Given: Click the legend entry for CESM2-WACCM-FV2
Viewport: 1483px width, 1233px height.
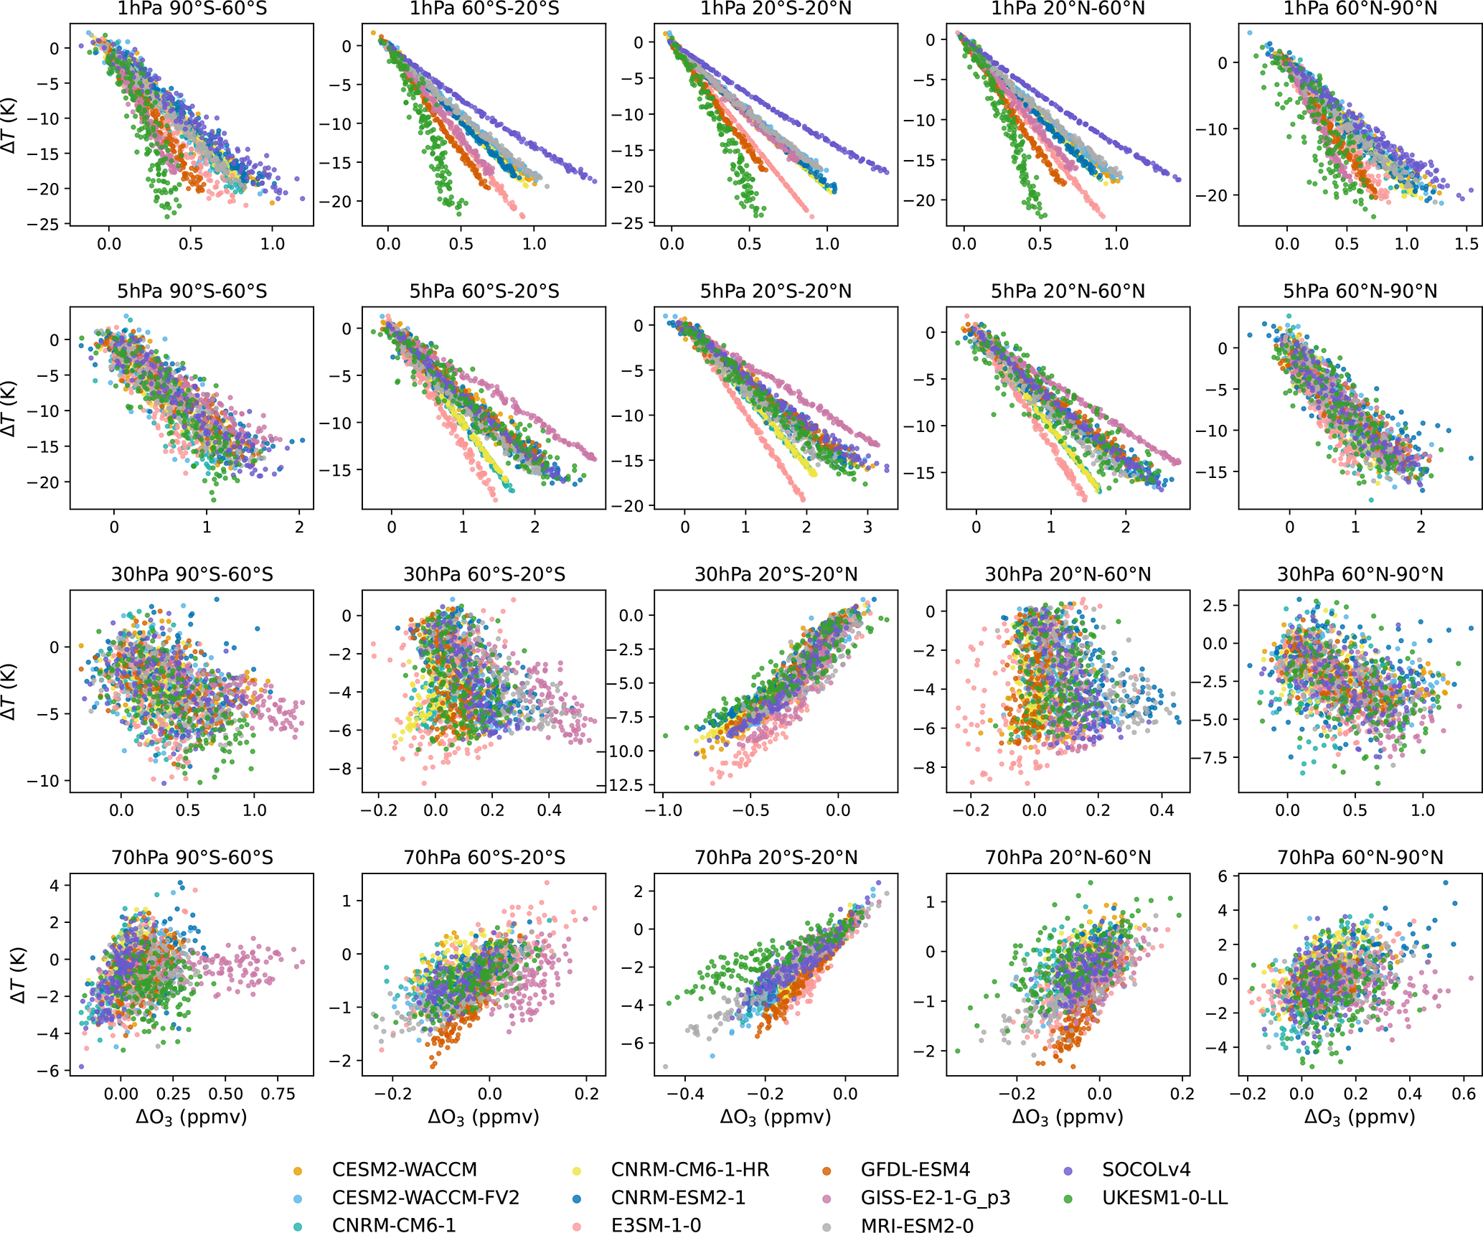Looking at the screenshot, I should tap(425, 1198).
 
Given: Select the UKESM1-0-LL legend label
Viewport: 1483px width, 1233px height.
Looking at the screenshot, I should tap(1164, 1198).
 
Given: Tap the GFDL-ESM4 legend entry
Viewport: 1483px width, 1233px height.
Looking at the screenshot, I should tap(915, 1170).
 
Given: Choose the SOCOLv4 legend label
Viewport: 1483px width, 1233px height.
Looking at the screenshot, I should tap(1146, 1170).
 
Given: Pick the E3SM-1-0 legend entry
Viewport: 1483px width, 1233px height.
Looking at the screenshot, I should tap(656, 1225).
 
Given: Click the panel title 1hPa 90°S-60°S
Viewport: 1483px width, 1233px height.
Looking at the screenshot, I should tap(192, 9).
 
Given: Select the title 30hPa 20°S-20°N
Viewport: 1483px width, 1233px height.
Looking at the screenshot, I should tap(776, 575).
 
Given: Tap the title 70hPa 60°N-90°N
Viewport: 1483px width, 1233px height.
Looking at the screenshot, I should tap(1360, 858).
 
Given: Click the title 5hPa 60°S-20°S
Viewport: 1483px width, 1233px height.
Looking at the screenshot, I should tap(484, 291).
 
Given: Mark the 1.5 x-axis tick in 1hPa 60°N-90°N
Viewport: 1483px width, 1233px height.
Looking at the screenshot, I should tap(1466, 244).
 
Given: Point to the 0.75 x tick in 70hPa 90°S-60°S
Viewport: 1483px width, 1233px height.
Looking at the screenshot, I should tap(278, 1094).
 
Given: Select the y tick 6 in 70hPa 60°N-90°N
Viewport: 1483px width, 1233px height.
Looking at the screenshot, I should tap(1223, 876).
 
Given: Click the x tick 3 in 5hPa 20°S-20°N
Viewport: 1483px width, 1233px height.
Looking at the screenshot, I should tap(867, 528).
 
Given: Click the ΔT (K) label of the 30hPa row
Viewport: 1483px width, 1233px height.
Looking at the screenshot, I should tap(9, 691).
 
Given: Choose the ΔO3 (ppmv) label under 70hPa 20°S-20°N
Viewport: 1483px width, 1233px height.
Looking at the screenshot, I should tap(776, 1117).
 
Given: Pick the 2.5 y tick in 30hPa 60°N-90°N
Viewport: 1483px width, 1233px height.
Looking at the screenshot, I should tap(1214, 606).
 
